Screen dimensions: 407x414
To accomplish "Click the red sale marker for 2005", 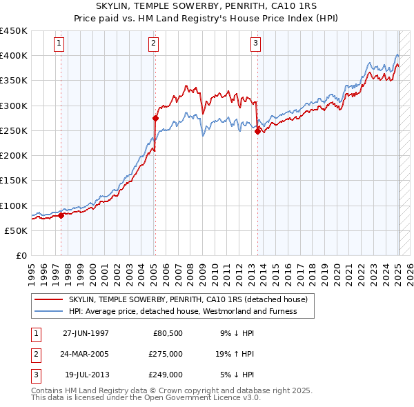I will [155, 119].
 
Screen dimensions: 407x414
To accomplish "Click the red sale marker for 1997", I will [61, 215].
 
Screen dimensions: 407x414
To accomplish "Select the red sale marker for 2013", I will [257, 131].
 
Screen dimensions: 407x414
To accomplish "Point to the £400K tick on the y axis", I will [14, 55].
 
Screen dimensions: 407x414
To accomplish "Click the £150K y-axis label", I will [14, 181].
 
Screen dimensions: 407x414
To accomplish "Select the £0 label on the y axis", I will [21, 256].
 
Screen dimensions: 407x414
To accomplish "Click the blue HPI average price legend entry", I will [182, 311].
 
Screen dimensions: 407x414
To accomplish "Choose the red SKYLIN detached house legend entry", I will [192, 299].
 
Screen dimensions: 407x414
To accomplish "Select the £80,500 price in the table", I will [168, 333].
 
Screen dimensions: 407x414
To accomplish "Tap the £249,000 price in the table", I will [166, 375].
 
